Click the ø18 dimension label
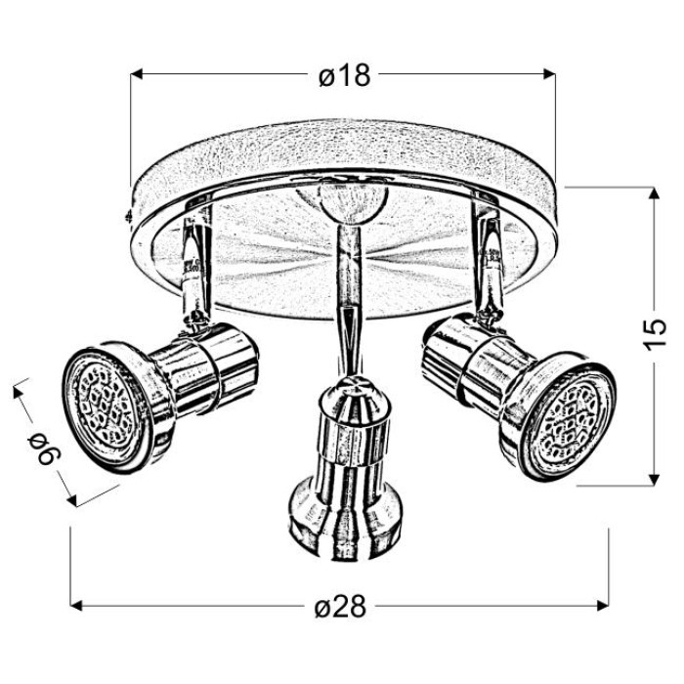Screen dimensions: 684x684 (x=345, y=75)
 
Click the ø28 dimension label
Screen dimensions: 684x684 (x=340, y=606)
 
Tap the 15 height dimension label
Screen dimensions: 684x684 (x=655, y=334)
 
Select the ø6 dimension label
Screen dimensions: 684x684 (x=45, y=449)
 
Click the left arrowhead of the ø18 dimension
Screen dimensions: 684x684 (x=137, y=74)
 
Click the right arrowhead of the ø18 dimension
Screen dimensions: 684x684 (x=549, y=74)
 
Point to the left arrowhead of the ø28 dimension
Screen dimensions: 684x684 (x=76, y=606)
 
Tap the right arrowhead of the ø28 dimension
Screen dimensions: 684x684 (x=603, y=606)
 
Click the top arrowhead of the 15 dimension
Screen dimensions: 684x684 (x=653, y=193)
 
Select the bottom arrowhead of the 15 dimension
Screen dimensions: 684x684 (x=653, y=479)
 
